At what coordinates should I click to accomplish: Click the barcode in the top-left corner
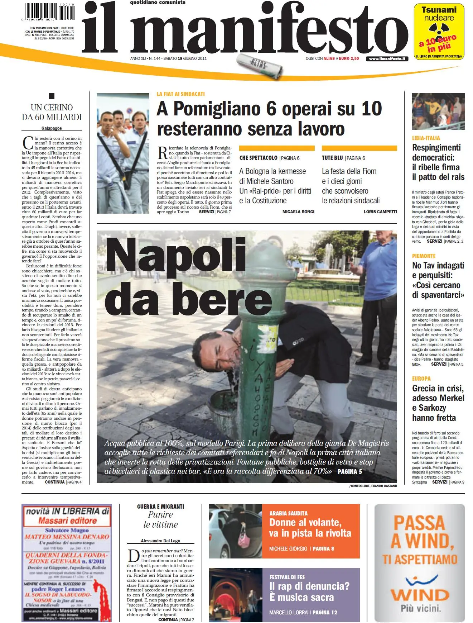(50, 11)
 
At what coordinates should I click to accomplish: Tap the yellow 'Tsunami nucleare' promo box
(439, 32)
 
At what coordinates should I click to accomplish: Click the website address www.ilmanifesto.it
(387, 59)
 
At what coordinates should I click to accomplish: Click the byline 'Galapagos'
(52, 128)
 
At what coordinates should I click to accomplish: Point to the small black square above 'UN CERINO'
(52, 96)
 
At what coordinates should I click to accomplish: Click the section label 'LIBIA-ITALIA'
(426, 138)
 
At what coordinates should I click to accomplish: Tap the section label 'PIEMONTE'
(424, 256)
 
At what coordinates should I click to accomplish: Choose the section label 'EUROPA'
(421, 379)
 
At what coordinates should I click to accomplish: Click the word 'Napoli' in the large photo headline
(175, 255)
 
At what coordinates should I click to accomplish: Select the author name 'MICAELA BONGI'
(298, 212)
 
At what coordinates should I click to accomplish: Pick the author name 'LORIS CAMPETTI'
(380, 212)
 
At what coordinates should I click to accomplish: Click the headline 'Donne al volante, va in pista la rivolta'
(310, 528)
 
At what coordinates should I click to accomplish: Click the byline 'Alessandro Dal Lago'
(160, 541)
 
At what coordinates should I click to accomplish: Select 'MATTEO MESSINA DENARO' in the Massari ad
(67, 537)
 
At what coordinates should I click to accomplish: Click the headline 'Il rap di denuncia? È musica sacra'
(309, 592)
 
